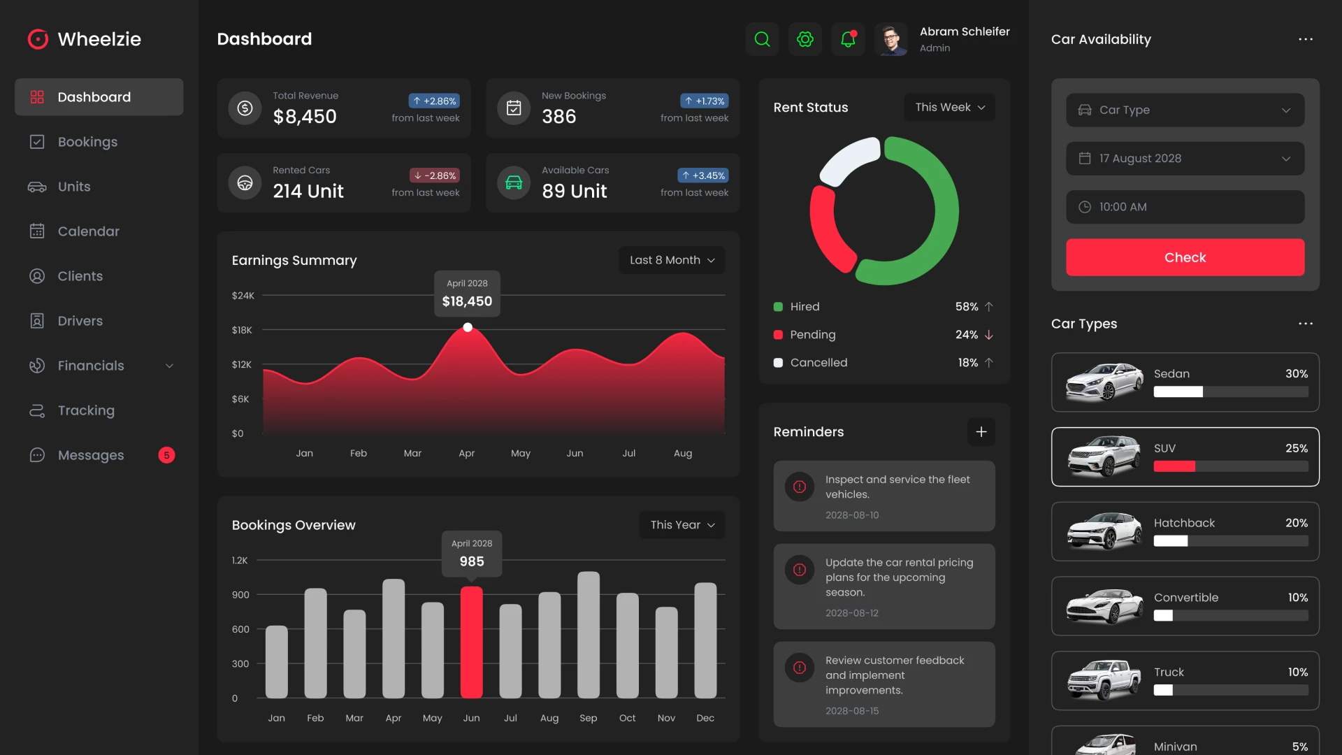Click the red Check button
coord(1185,257)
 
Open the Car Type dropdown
coord(1185,110)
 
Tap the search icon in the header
coord(762,39)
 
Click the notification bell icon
coord(848,39)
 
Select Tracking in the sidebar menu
coord(86,410)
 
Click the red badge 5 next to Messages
coord(166,455)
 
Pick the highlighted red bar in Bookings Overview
coord(471,642)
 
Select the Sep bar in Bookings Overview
coord(588,635)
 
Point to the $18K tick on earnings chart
coord(242,330)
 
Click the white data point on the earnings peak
coord(468,327)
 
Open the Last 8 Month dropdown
coord(671,260)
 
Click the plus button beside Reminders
coord(981,432)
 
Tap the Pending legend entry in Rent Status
coord(812,335)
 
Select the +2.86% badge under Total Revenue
coord(434,101)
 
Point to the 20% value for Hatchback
coord(1296,523)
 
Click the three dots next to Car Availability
coord(1305,39)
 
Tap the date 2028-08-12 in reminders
coord(851,613)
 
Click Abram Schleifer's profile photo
coord(890,40)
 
